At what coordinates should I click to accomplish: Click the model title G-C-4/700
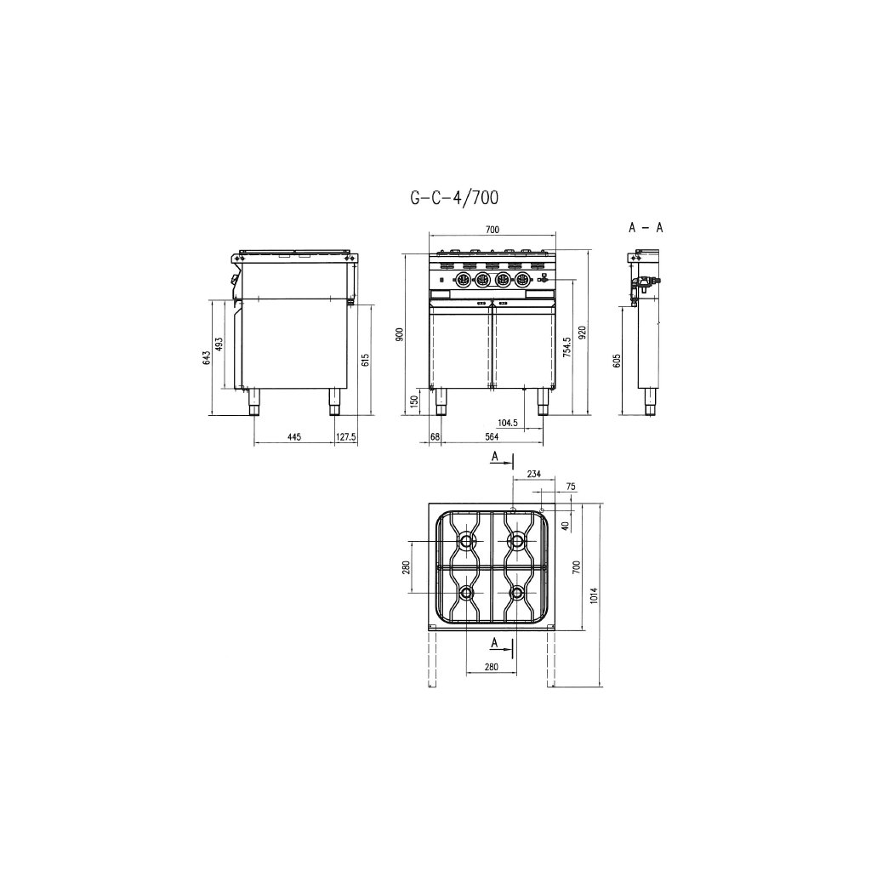[454, 197]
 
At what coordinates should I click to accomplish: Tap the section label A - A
[646, 228]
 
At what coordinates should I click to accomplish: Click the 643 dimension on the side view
[207, 358]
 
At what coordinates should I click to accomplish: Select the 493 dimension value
[219, 344]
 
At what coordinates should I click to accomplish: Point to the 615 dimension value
[365, 360]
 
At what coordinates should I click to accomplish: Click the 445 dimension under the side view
[293, 437]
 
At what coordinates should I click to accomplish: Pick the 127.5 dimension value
[346, 437]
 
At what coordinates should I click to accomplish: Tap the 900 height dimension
[400, 334]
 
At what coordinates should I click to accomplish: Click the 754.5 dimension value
[566, 347]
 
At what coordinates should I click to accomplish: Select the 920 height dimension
[582, 333]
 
